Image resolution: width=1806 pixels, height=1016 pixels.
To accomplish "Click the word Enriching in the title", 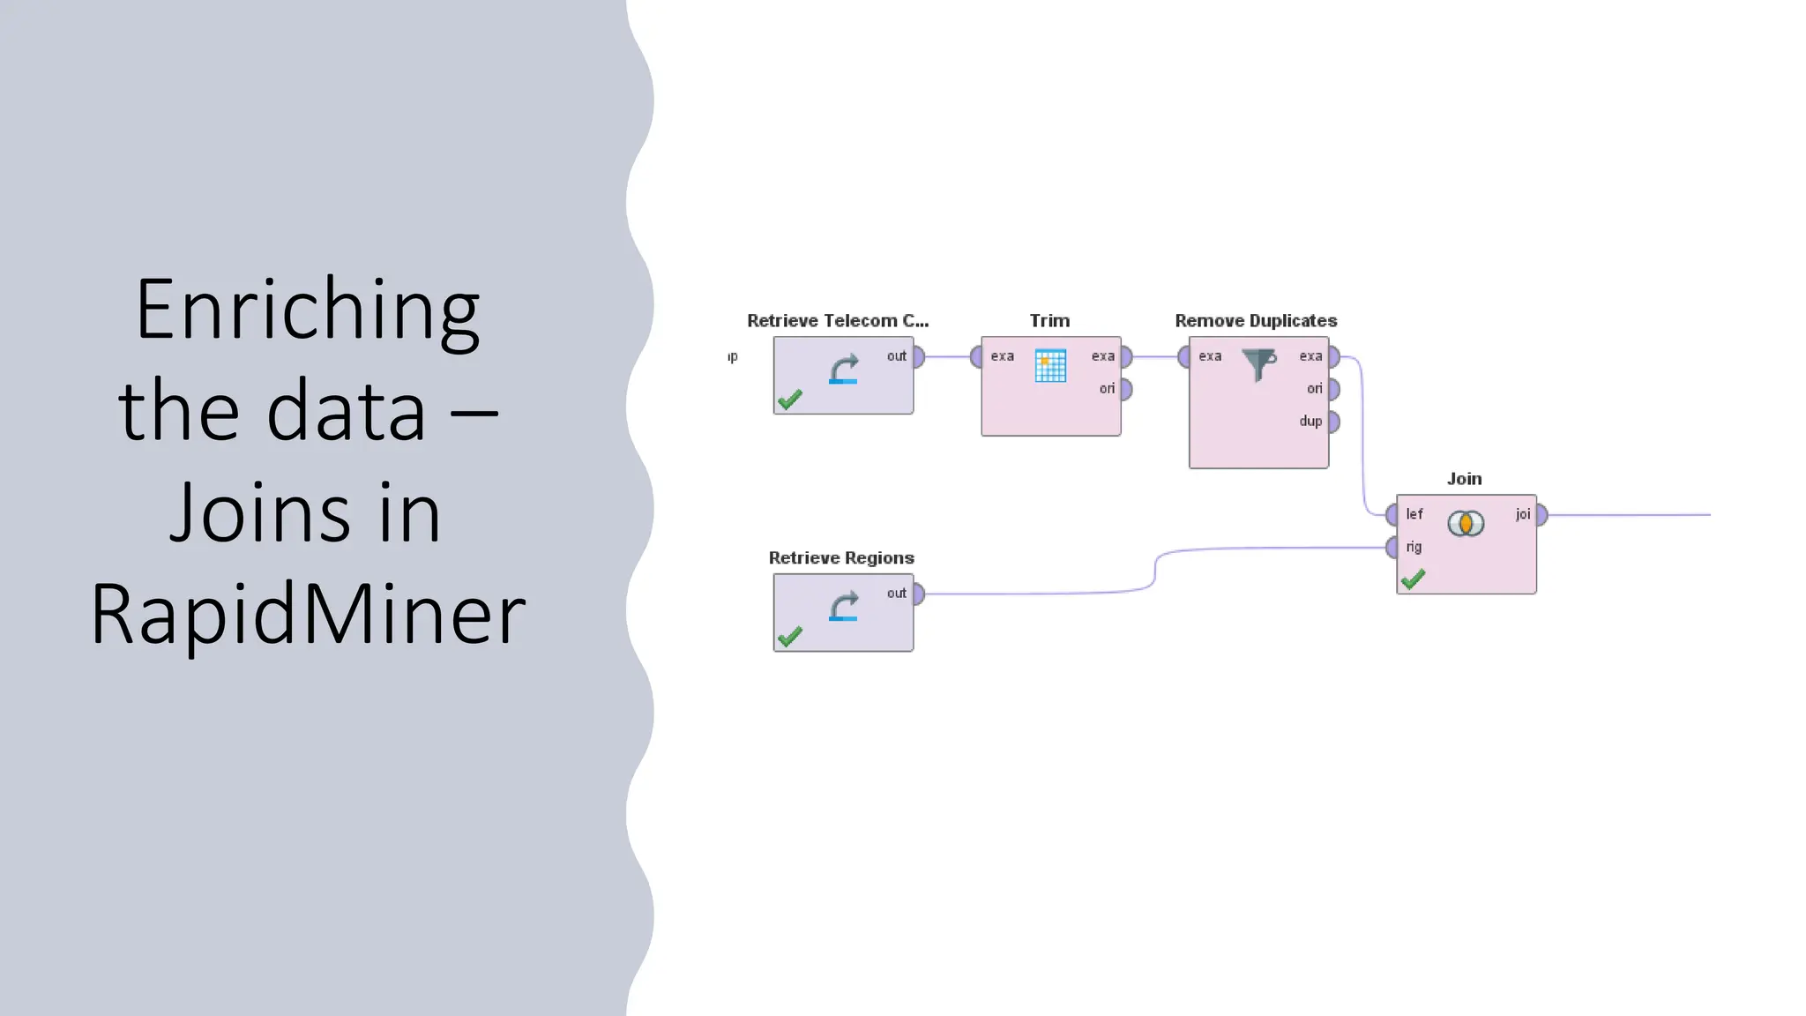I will (308, 310).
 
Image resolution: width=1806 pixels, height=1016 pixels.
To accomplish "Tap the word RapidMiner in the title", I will (308, 614).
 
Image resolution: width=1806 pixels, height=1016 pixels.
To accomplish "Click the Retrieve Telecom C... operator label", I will (837, 321).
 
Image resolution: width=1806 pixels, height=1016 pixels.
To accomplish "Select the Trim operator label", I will (1049, 321).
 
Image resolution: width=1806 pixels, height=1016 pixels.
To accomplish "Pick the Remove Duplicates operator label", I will (1256, 321).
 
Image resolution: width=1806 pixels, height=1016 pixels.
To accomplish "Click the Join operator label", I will (1464, 479).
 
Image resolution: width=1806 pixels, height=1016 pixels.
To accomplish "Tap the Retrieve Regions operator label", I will (841, 558).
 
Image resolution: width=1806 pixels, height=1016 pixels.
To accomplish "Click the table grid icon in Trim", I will (1050, 366).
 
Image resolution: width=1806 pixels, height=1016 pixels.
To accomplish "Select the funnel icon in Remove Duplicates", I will (1259, 363).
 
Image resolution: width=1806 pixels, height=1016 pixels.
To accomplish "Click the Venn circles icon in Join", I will (1466, 524).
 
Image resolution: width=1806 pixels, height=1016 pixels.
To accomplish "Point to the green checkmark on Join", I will (1413, 579).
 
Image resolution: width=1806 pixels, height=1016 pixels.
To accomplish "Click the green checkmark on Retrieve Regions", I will (790, 636).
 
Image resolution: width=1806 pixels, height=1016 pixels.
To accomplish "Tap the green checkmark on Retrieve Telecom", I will (790, 400).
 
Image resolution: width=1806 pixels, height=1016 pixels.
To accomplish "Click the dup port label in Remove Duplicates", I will (1310, 422).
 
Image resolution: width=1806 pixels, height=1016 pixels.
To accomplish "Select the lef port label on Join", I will (1414, 514).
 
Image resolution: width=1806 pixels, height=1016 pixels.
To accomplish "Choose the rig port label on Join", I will (1414, 547).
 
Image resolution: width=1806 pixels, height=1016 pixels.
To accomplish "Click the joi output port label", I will (1523, 514).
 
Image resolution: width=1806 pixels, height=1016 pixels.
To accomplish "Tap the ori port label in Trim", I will (1107, 389).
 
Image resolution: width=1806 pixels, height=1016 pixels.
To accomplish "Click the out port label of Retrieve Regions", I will (896, 594).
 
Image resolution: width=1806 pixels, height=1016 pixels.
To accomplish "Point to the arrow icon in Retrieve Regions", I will (844, 607).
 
